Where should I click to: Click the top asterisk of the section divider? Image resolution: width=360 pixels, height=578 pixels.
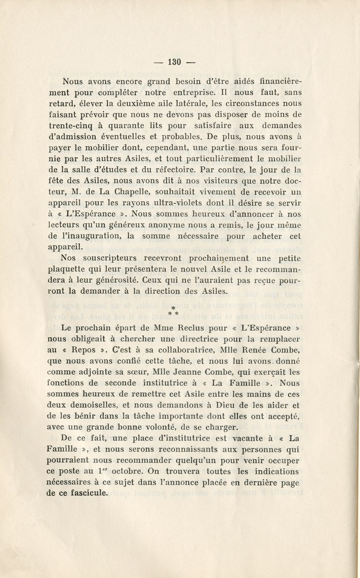(x=173, y=307)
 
